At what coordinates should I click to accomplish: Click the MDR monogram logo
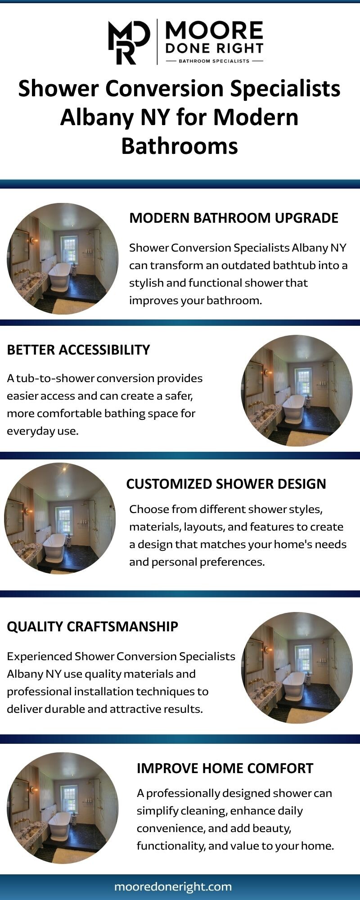tap(129, 42)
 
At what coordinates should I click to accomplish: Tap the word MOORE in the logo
tap(214, 31)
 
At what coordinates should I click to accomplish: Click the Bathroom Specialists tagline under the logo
tap(214, 61)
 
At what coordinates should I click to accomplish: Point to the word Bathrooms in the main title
tap(180, 146)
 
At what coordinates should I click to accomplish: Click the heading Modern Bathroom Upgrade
tap(234, 218)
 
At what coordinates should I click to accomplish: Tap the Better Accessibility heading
tap(78, 350)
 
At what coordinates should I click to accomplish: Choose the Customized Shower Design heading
tap(226, 484)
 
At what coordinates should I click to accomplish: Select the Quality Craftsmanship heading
tap(92, 626)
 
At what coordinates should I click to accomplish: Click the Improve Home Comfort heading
tap(225, 768)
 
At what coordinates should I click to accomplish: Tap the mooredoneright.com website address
tap(173, 886)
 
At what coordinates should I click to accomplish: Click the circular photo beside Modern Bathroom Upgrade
tap(63, 259)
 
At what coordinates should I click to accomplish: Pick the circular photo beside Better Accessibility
tap(297, 391)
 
